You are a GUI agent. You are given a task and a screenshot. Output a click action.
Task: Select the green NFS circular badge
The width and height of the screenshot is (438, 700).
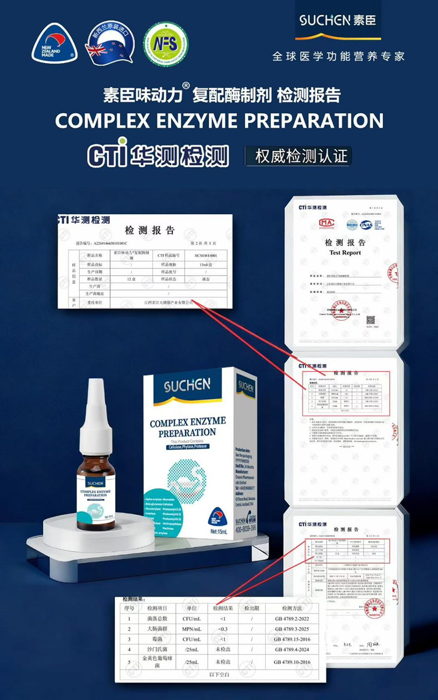click(x=165, y=44)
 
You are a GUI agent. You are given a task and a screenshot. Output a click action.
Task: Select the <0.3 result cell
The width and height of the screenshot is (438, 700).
click(x=223, y=629)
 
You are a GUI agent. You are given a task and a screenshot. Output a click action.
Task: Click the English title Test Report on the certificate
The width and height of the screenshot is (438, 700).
click(x=345, y=253)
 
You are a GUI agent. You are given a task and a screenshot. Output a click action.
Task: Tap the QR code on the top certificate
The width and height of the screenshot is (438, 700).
click(x=371, y=320)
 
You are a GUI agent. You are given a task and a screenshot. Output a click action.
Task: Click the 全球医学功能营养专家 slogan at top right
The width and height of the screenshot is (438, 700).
click(x=338, y=56)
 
